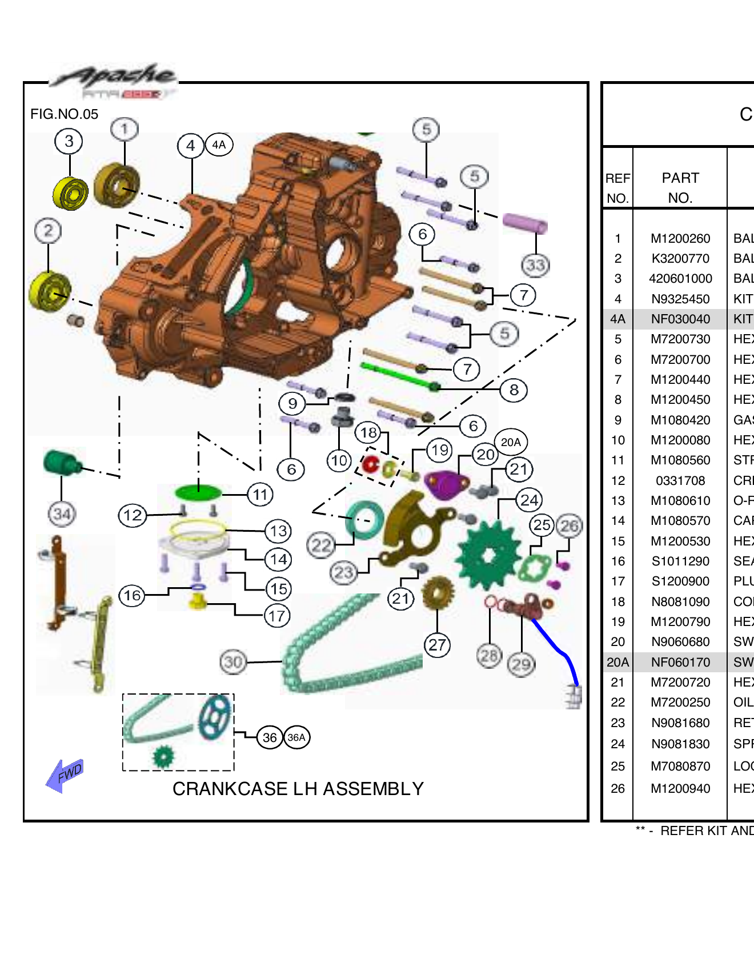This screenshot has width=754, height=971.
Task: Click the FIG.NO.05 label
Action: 64,114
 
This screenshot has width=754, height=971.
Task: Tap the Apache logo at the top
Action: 114,80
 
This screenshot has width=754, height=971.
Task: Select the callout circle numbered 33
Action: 535,265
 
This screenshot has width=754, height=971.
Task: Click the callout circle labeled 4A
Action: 219,145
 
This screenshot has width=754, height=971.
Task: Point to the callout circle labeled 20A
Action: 511,442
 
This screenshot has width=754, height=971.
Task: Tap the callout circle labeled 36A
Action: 296,737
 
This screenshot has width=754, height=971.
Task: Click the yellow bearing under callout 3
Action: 71,193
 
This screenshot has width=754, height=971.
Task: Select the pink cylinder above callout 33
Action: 525,224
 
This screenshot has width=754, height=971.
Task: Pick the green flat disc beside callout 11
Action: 198,492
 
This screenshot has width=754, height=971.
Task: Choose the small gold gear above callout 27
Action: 438,592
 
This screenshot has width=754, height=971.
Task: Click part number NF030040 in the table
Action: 680,319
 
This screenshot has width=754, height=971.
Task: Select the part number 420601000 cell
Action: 680,279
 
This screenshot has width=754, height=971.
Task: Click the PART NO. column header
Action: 680,187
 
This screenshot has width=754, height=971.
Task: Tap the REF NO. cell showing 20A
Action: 617,662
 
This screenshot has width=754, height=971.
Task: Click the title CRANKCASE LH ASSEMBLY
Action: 298,789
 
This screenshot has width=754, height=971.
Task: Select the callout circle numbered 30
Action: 233,662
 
